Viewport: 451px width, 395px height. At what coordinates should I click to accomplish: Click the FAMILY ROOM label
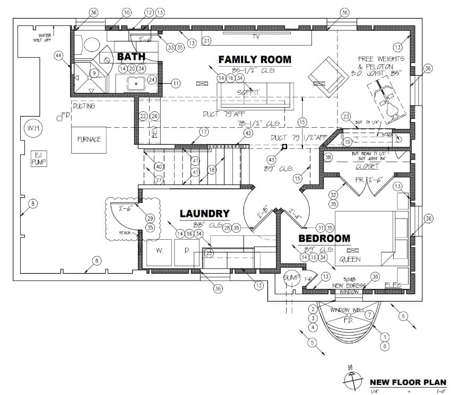pyautogui.click(x=255, y=59)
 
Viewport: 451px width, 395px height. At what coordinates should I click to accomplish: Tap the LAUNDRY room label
pyautogui.click(x=204, y=214)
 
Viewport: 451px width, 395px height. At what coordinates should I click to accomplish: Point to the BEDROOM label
pyautogui.click(x=324, y=239)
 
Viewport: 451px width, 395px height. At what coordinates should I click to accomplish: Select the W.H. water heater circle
pyautogui.click(x=31, y=128)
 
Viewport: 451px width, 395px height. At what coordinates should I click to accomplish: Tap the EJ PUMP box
pyautogui.click(x=38, y=158)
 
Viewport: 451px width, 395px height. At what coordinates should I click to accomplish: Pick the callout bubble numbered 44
pyautogui.click(x=59, y=55)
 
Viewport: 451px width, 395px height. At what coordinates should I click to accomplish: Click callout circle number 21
pyautogui.click(x=207, y=41)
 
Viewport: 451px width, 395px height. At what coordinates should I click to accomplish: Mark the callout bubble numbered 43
pyautogui.click(x=271, y=160)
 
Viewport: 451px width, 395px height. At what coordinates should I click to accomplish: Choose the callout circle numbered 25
pyautogui.click(x=209, y=253)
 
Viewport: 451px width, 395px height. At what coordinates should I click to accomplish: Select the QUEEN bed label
pyautogui.click(x=350, y=259)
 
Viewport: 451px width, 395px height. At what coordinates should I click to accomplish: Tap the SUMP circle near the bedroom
pyautogui.click(x=292, y=278)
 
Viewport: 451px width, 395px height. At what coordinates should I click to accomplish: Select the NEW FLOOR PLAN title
pyautogui.click(x=407, y=382)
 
